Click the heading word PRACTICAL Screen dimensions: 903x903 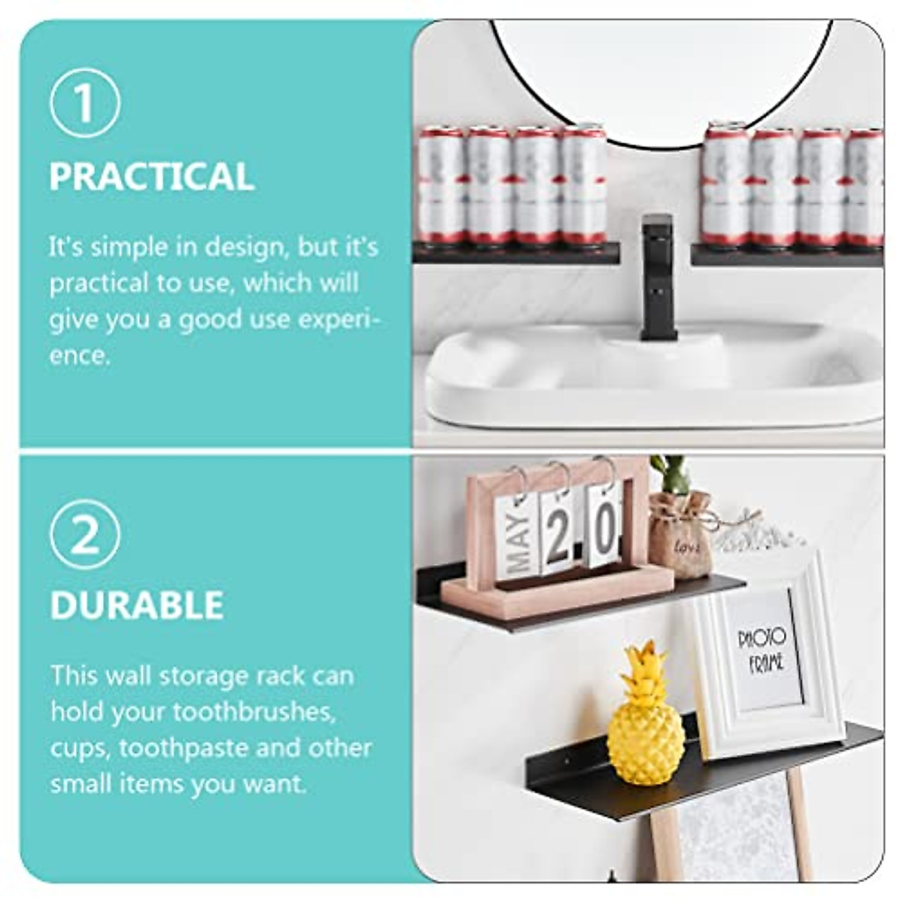pos(152,176)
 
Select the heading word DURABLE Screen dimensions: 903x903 pos(137,605)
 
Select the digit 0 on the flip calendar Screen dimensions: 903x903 pos(604,528)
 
